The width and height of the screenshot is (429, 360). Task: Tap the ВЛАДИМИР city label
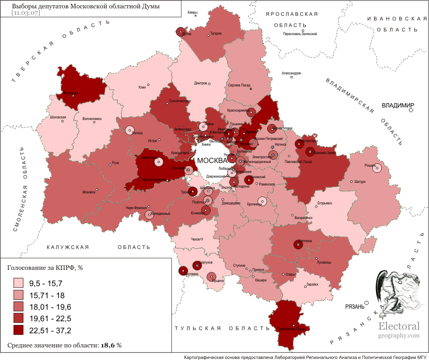pos(398,105)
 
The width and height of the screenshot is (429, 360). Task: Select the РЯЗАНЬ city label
pos(355,307)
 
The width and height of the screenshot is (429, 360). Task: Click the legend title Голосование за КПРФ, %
pos(45,268)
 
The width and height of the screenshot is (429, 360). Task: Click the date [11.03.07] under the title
pos(26,13)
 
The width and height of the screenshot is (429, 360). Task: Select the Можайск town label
pos(89,192)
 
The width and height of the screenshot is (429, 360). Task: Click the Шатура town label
pos(359,182)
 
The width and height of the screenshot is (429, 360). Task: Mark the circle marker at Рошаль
pos(375,168)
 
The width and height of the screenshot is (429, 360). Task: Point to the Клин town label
pos(142,87)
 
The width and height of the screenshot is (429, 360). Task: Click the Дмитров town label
pos(201,83)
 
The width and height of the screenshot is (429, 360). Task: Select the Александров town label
pos(292,73)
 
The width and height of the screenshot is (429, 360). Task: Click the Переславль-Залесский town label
pos(300,34)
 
